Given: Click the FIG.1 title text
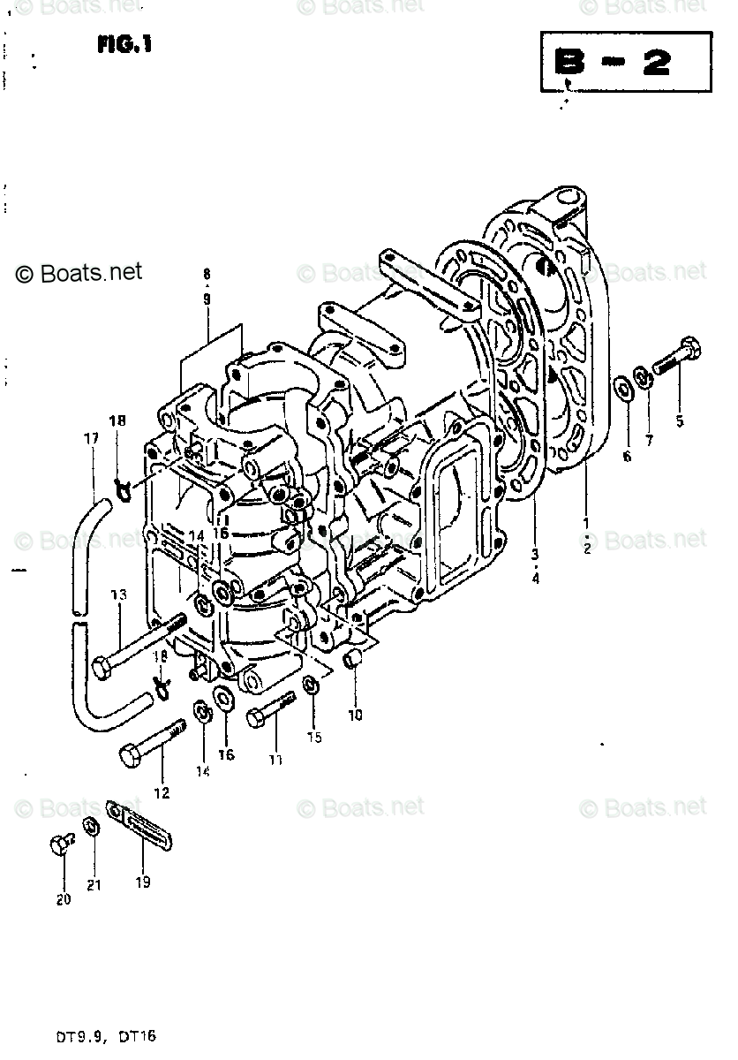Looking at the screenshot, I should tap(124, 44).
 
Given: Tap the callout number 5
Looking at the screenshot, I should tap(679, 421).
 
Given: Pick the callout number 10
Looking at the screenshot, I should tap(354, 715).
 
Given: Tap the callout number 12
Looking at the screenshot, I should tap(162, 792).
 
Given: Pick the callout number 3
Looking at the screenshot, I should tap(535, 554).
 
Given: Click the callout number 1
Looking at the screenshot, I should tap(586, 523).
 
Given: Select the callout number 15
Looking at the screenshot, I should tap(314, 736).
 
